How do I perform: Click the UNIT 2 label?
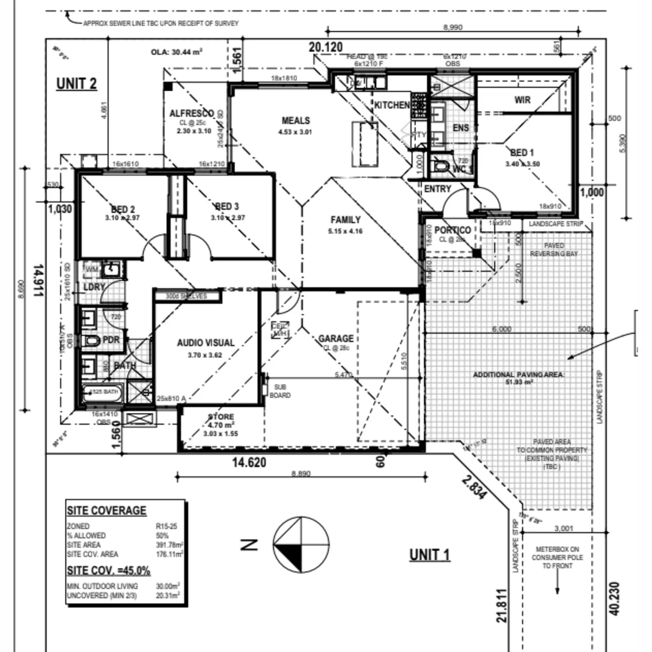77,83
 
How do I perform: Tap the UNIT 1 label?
430,554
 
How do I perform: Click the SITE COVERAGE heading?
106,511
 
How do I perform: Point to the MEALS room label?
295,121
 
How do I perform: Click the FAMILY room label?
345,220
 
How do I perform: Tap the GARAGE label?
336,339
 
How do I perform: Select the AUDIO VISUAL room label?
206,343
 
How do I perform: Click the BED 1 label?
522,153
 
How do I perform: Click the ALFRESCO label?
191,113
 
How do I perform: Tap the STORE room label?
221,417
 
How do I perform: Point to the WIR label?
523,100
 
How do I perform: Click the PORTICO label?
453,231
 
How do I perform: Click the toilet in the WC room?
439,165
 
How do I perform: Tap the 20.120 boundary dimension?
326,48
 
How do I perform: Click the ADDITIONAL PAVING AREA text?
519,375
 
